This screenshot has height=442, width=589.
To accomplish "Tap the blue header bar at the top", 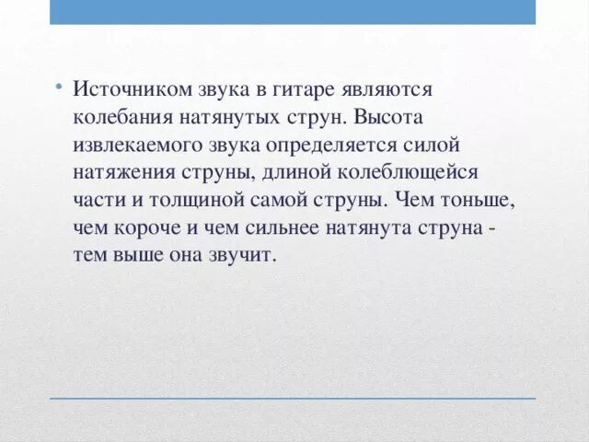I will point(293,12).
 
